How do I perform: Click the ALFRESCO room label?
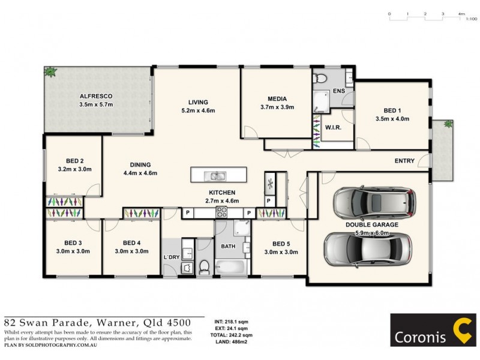click(96, 96)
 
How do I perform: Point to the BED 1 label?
click(392, 110)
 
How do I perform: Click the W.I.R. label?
click(333, 128)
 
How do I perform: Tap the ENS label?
click(339, 91)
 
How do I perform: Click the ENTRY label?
click(404, 161)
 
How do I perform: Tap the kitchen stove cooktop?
click(221, 212)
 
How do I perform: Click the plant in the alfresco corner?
click(50, 71)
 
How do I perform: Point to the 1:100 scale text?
click(471, 19)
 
